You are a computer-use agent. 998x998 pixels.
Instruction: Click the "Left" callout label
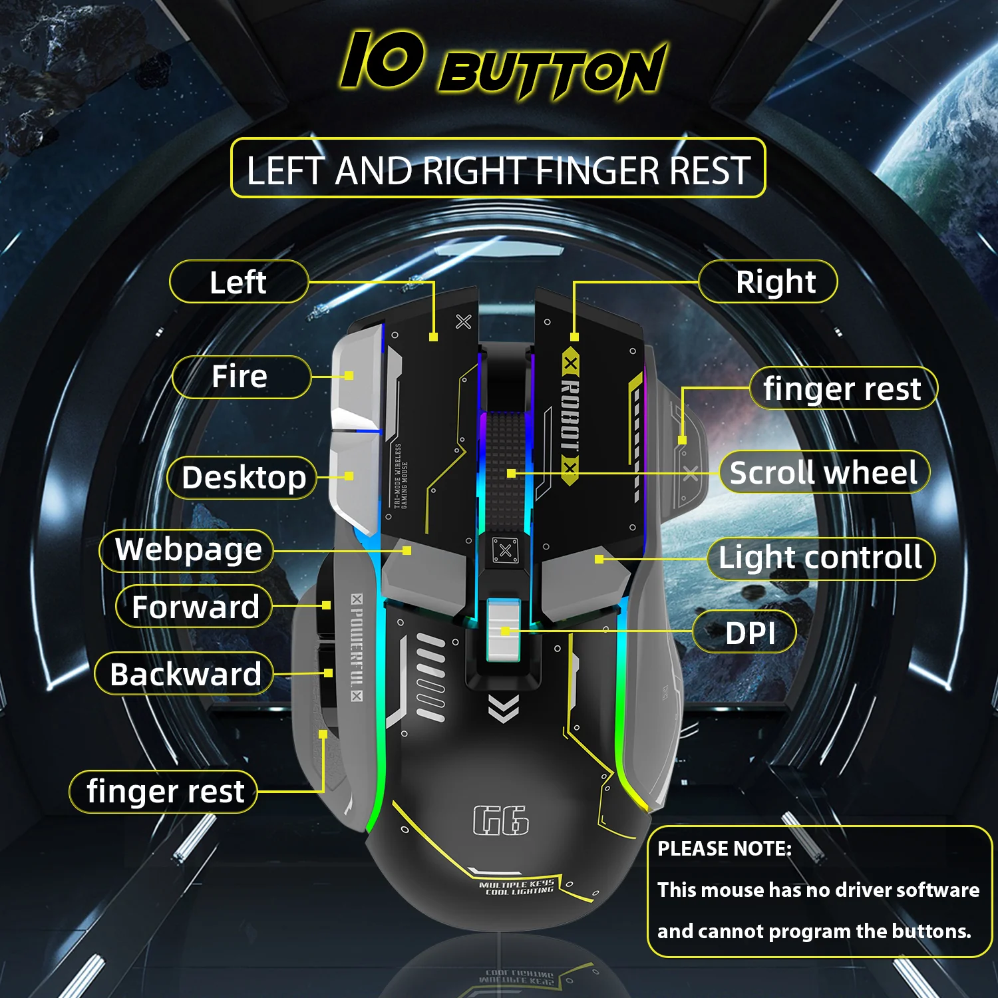point(238,282)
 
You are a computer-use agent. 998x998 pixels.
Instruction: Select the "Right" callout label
point(775,282)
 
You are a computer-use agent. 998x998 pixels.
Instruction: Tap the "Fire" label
point(240,377)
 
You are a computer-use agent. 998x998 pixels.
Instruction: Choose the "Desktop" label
point(244,478)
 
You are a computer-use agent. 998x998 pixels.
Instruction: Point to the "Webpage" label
point(188,550)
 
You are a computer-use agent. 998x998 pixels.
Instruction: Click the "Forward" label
point(195,607)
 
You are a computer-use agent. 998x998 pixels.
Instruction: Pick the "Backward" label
point(185,674)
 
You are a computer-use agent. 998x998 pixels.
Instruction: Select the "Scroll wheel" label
point(823,473)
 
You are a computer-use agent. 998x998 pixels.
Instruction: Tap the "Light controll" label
point(820,558)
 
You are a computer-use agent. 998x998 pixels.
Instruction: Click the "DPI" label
point(750,633)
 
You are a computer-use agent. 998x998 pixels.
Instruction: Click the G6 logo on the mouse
point(501,820)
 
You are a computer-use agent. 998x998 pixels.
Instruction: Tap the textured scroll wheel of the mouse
point(505,466)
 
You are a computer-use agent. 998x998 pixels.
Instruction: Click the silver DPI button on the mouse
point(504,629)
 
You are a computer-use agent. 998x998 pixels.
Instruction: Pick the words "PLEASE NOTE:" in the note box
point(725,849)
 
